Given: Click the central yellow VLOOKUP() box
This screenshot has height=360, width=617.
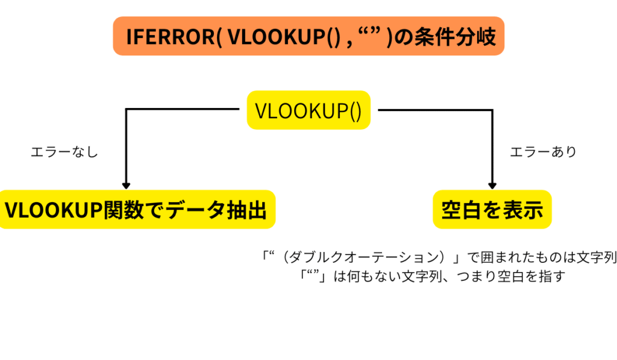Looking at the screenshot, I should pos(308,111).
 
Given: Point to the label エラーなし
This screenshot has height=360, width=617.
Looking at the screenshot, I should pos(64,153).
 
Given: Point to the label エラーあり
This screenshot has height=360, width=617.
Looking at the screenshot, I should pos(543,153).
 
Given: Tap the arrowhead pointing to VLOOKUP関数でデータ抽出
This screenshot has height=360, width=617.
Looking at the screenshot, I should pos(126,185).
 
